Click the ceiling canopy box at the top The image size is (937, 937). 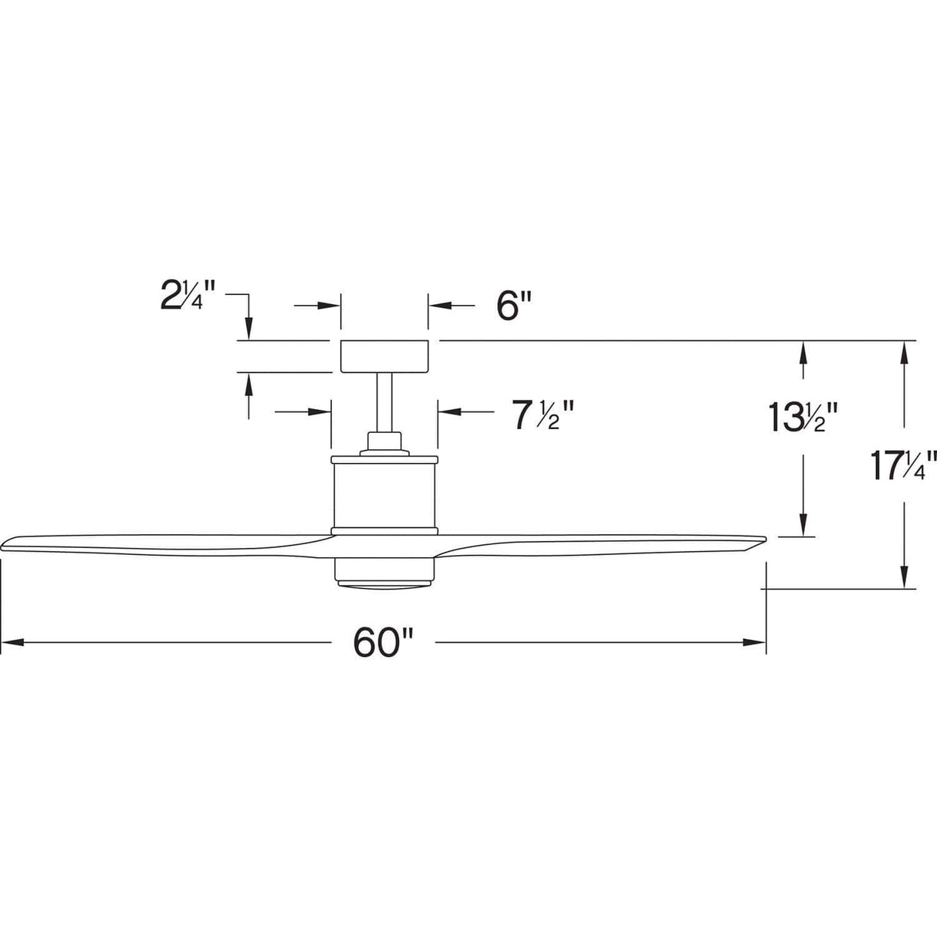[384, 356]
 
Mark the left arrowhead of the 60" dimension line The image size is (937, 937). [9, 642]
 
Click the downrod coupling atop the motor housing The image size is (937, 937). [384, 443]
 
